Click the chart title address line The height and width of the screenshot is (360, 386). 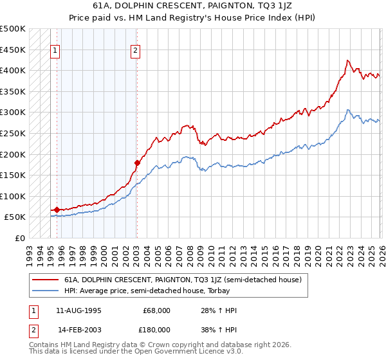(192, 5)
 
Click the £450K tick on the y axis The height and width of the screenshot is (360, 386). (13, 50)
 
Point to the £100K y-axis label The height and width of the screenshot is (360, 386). (13, 196)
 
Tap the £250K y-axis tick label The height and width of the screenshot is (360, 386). (13, 133)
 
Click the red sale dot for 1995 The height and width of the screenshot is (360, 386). (57, 210)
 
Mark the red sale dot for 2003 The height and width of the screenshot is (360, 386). (137, 163)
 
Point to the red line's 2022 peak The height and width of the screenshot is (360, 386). (347, 60)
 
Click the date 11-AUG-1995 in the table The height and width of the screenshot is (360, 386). (78, 310)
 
